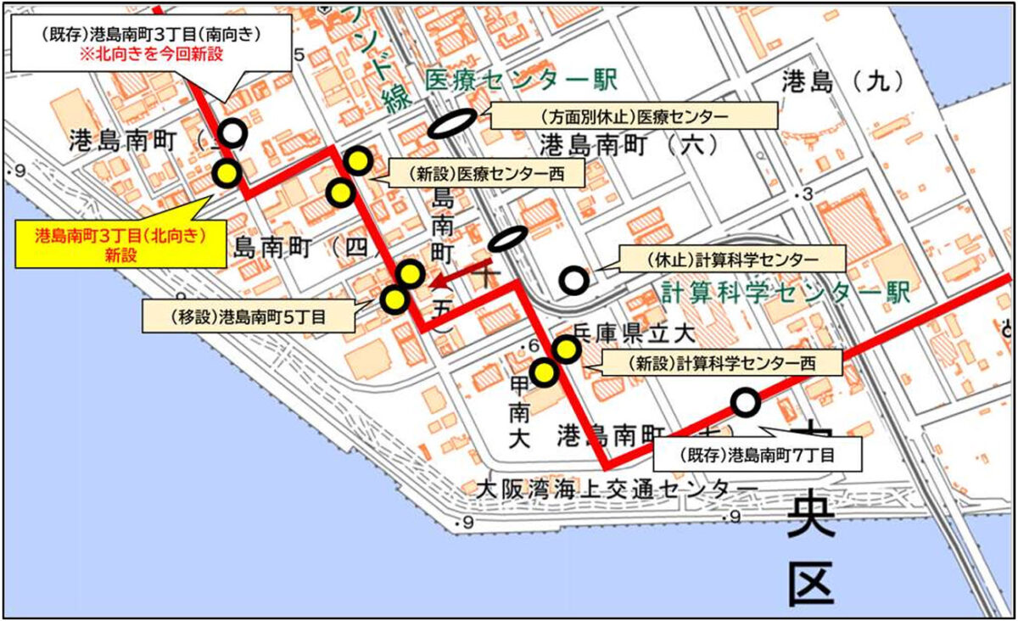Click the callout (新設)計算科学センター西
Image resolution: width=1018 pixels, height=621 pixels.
point(721,364)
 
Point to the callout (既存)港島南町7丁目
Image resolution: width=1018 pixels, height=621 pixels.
point(758,455)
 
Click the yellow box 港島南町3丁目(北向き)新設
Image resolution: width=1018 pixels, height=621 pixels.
point(113,242)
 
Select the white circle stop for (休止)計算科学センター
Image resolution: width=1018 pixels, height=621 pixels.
point(574,278)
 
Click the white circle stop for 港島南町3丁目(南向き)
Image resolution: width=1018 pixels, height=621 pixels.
point(232,133)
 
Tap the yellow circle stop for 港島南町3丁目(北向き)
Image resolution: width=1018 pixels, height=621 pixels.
point(227,173)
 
